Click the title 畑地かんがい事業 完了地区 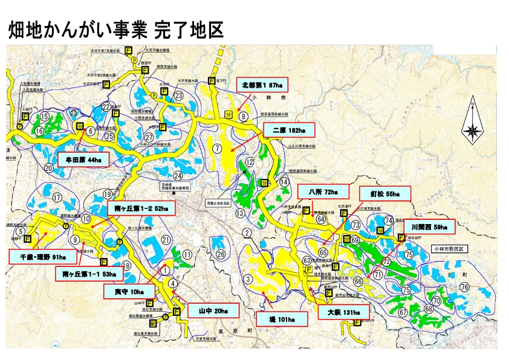pyautogui.click(x=116, y=30)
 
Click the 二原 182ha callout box pyautogui.click(x=289, y=130)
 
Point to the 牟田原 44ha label pyautogui.click(x=83, y=160)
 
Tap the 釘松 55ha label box pyautogui.click(x=385, y=193)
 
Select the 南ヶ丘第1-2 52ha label pyautogui.click(x=141, y=209)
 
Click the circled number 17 pyautogui.click(x=57, y=198)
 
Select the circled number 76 pyautogui.click(x=464, y=287)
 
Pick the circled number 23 pyautogui.click(x=178, y=95)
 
